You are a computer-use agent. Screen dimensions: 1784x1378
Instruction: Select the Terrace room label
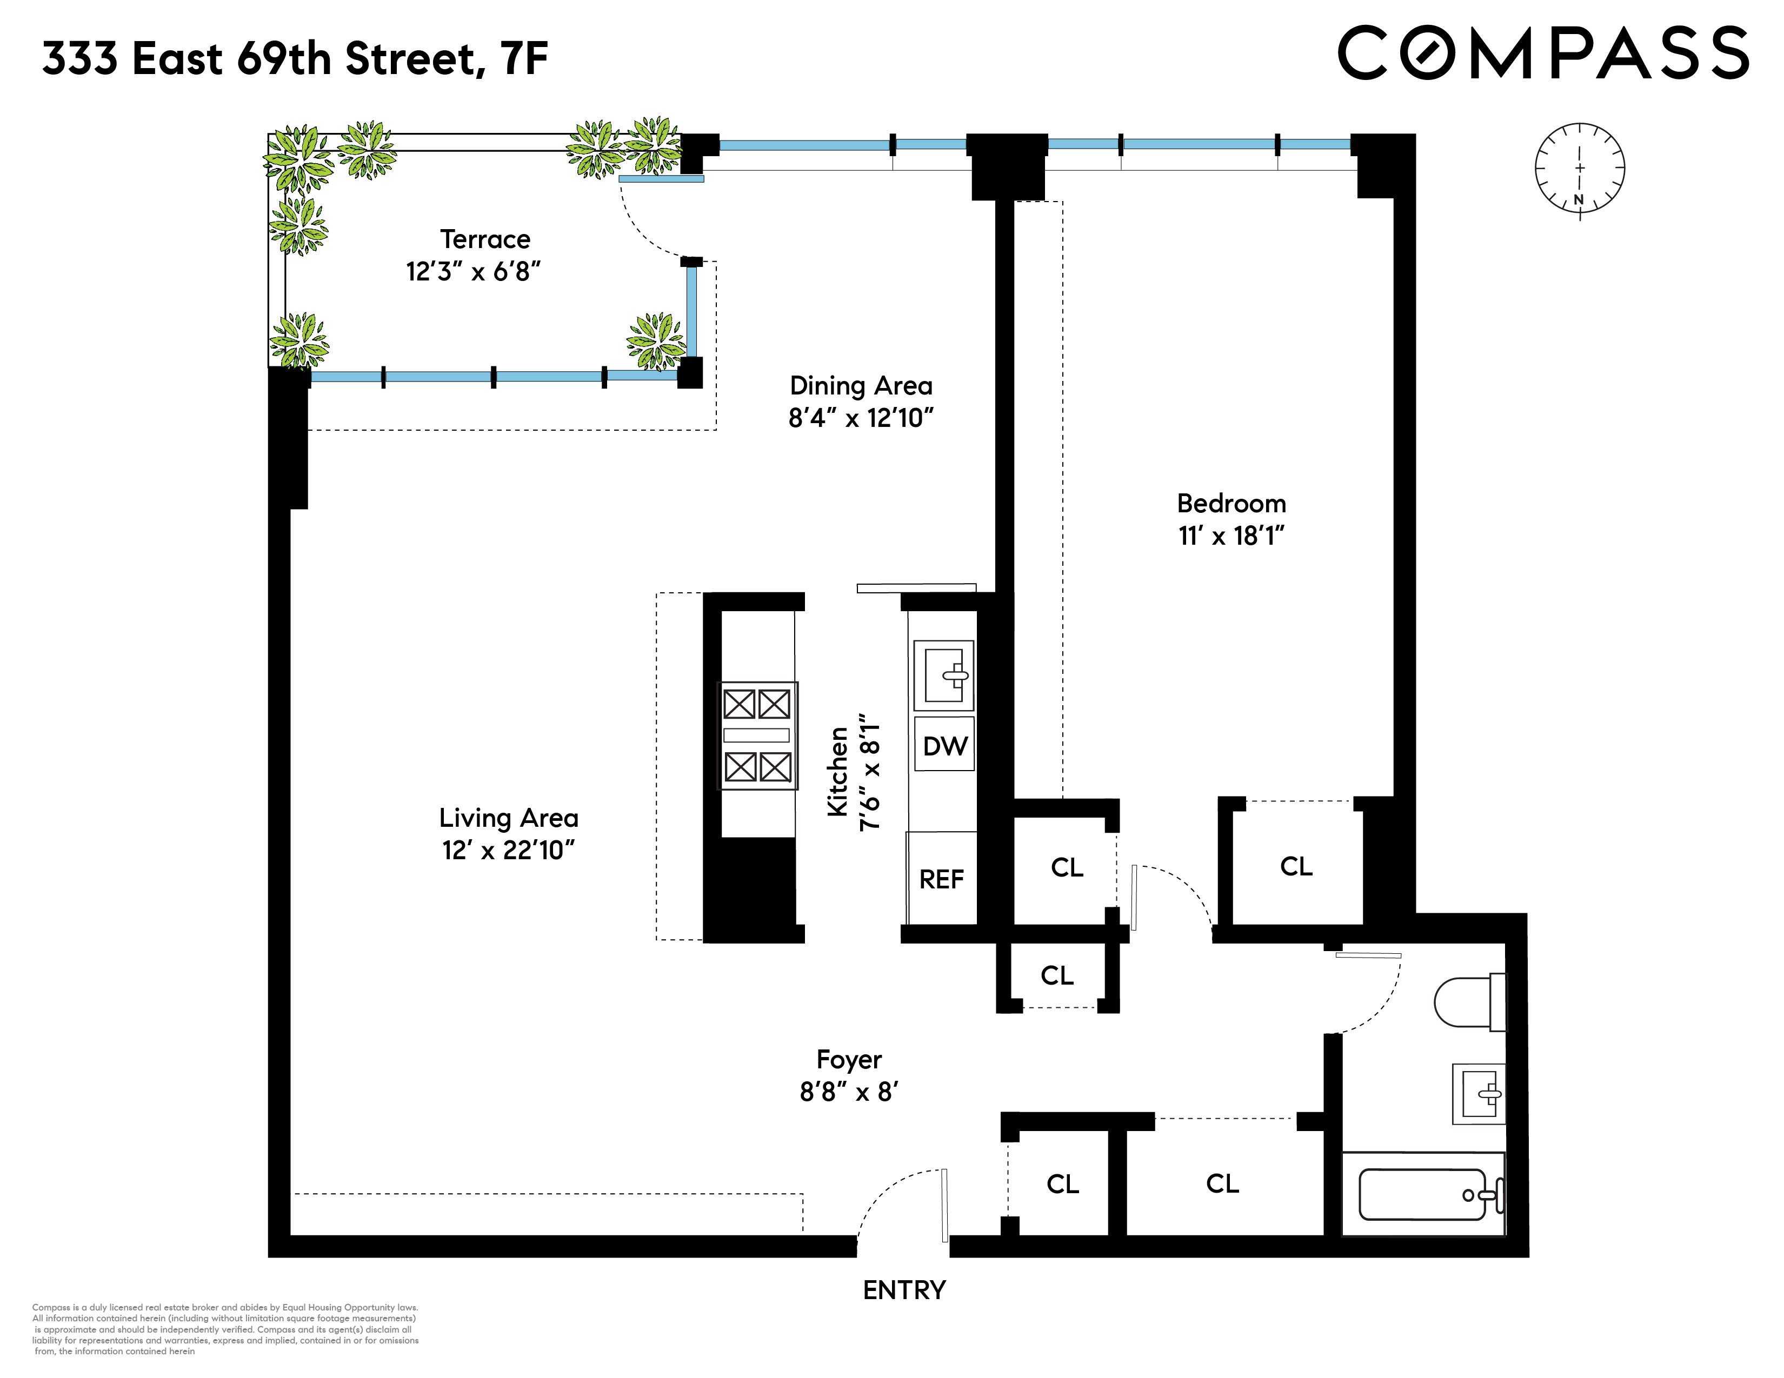click(x=485, y=239)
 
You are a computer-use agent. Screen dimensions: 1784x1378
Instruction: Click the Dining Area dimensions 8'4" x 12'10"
click(x=861, y=418)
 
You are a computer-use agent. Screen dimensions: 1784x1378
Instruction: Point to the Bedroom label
click(x=1232, y=503)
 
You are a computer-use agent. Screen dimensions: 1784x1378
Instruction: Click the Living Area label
click(x=509, y=818)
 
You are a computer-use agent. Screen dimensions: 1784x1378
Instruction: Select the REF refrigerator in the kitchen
click(x=942, y=878)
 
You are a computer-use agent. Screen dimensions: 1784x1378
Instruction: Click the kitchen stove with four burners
click(x=757, y=735)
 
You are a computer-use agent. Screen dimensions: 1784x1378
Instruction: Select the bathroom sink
click(x=1479, y=1094)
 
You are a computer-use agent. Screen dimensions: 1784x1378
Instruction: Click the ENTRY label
click(x=904, y=1290)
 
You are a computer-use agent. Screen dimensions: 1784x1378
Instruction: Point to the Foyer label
click(x=849, y=1060)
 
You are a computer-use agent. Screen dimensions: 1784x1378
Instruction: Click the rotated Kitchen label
click(x=838, y=772)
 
